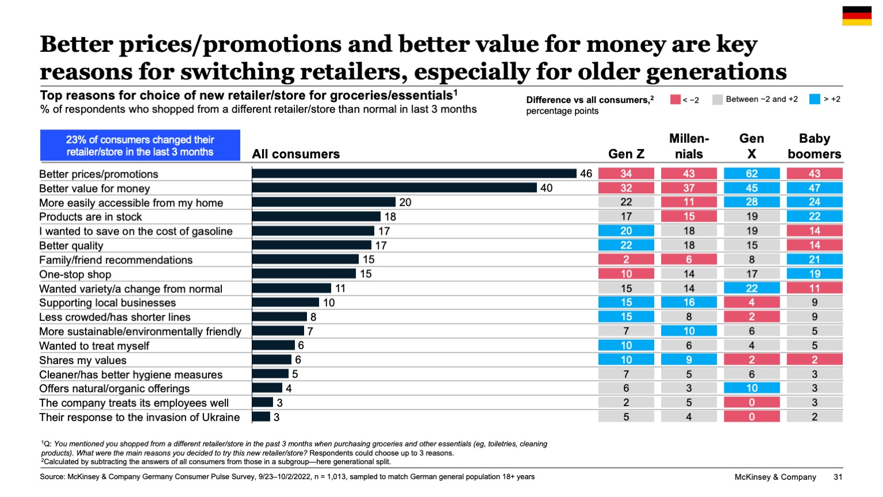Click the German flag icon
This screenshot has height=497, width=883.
[857, 16]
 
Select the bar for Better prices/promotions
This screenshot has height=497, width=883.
[414, 174]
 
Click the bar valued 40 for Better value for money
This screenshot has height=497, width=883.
[394, 188]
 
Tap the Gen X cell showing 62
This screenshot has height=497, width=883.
[751, 174]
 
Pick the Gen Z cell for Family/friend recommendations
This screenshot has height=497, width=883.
[626, 259]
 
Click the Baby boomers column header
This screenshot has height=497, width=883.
[814, 146]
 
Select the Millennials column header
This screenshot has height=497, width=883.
[689, 146]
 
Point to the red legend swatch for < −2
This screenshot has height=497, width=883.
[675, 100]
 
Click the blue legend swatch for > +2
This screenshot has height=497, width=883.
[814, 100]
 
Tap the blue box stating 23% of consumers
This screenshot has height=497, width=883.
[140, 146]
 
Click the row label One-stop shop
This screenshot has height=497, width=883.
[75, 274]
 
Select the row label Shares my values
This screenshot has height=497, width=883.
[83, 360]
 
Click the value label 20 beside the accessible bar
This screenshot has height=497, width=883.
[405, 202]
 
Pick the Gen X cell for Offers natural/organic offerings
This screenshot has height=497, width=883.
[751, 388]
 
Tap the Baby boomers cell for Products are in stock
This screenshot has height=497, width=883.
[814, 217]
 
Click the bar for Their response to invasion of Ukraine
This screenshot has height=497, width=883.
[261, 417]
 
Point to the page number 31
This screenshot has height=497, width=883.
[838, 477]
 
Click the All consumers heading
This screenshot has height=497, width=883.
[295, 154]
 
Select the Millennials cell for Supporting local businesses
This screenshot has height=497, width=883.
[689, 303]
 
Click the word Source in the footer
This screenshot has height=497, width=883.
[52, 477]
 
